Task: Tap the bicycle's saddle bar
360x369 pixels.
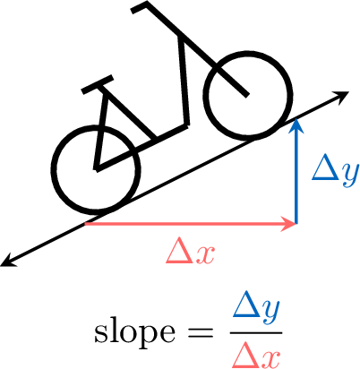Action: click(98, 84)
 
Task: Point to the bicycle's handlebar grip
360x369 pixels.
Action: click(139, 7)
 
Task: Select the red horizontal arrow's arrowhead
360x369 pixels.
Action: click(287, 223)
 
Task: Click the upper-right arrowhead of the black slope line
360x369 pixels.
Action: click(341, 96)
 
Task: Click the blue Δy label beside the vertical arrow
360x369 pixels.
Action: click(335, 172)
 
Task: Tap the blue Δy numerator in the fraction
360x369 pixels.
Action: click(256, 309)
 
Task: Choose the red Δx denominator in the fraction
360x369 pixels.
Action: click(256, 355)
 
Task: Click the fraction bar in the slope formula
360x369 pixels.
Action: click(256, 332)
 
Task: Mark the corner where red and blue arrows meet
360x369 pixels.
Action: click(296, 223)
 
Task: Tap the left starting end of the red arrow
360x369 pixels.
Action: click(86, 223)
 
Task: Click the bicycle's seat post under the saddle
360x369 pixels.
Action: click(99, 128)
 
